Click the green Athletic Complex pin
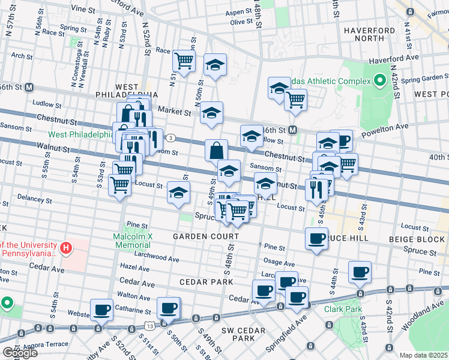click(x=379, y=80)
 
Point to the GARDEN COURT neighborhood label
click(x=206, y=236)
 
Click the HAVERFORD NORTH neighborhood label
click(x=369, y=35)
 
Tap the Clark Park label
click(x=342, y=310)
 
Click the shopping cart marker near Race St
click(x=184, y=59)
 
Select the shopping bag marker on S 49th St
click(x=216, y=150)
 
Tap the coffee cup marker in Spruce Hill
click(x=316, y=239)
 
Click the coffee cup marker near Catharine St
click(x=101, y=310)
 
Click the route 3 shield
click(x=171, y=138)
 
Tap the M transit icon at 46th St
click(x=293, y=130)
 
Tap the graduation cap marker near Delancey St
click(x=178, y=193)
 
